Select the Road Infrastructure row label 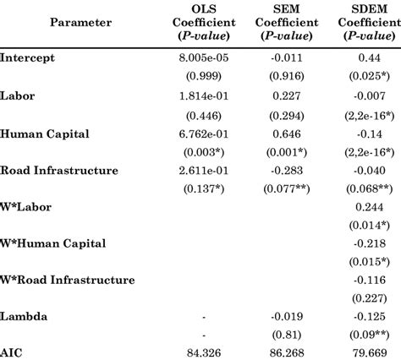click(x=59, y=170)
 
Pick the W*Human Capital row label click(x=52, y=243)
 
